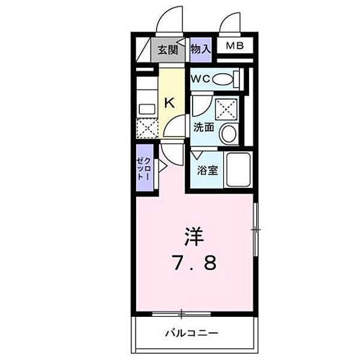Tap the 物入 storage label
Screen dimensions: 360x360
(201, 50)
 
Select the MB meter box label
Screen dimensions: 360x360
(235, 46)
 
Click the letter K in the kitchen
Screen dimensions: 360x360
(170, 103)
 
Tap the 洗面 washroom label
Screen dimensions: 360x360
(203, 127)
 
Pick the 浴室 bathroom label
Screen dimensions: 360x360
(208, 170)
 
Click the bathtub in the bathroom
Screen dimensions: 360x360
(239, 170)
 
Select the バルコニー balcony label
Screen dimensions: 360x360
(192, 332)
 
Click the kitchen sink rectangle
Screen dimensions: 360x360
(146, 109)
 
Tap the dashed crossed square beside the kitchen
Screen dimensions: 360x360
(146, 128)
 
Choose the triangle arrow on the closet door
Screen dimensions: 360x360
(161, 164)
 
